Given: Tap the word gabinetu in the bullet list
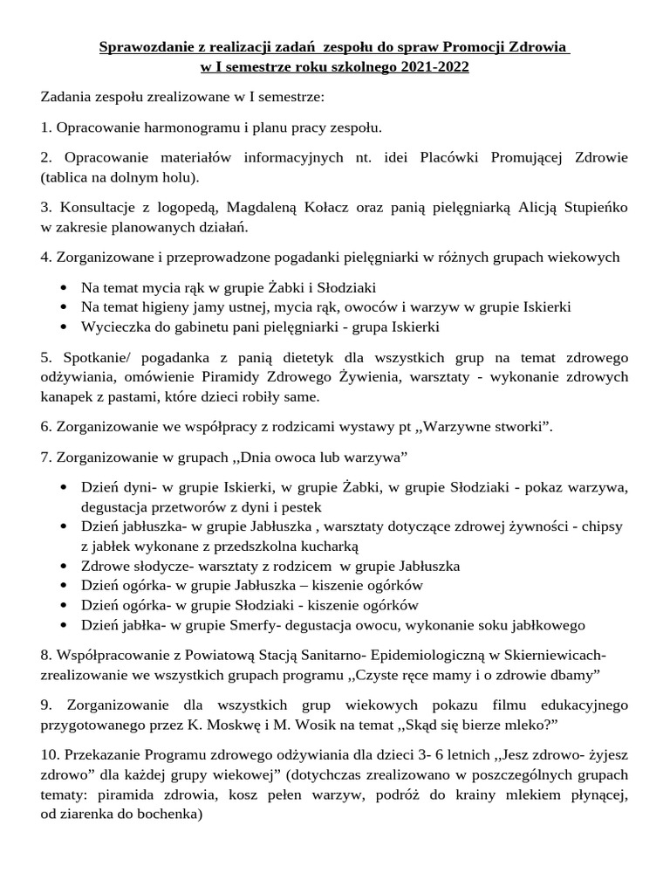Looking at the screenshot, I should [195, 327].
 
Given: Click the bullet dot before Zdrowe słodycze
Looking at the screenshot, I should [67, 566].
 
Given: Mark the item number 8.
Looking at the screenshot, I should [45, 655].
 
